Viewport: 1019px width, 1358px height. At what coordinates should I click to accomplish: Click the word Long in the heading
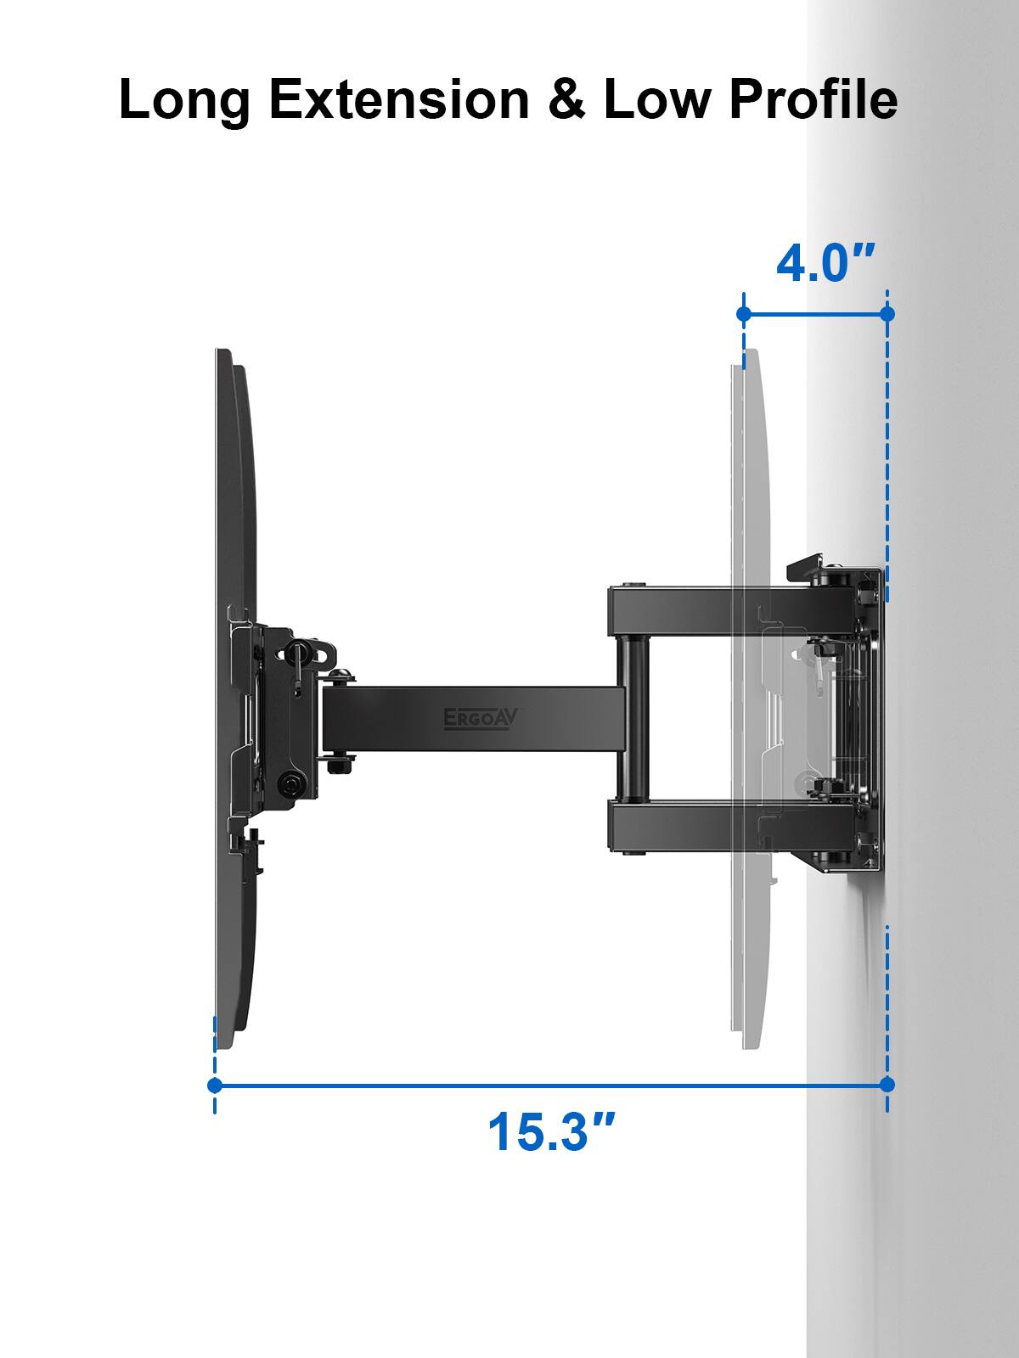[184, 99]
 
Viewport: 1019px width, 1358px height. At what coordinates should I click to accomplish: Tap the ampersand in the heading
[567, 99]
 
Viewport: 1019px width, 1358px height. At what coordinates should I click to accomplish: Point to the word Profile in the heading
[813, 99]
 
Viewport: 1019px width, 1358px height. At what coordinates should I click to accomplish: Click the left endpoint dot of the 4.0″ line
[744, 315]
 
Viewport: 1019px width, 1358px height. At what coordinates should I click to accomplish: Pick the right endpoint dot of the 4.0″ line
[887, 315]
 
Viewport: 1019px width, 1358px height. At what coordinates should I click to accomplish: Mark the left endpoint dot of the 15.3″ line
[215, 1085]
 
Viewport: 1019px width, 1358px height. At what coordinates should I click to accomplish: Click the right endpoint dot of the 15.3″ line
[887, 1085]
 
